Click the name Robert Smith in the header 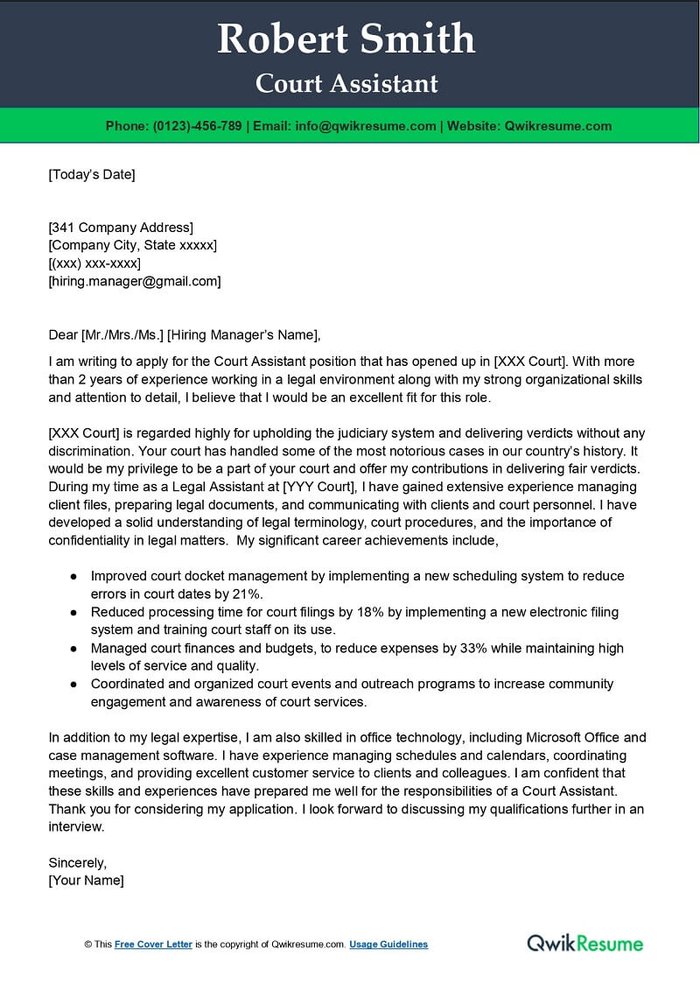346,39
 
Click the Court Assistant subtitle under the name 346,83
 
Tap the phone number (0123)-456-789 197,126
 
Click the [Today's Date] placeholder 92,174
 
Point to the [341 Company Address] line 121,228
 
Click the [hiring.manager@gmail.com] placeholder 135,281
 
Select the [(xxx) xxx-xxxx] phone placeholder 94,264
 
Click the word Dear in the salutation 62,334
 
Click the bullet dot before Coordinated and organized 73,684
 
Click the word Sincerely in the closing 77,862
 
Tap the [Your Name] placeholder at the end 86,880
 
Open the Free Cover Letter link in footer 153,945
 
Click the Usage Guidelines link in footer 388,945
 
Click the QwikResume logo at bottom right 584,943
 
